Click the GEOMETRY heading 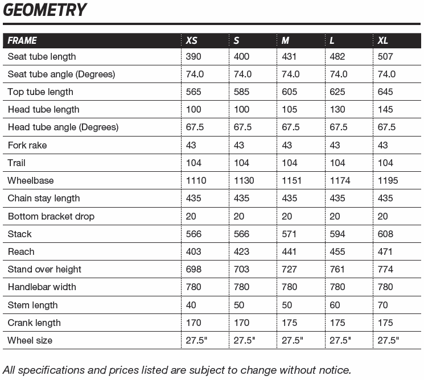pyautogui.click(x=45, y=10)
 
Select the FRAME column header pyautogui.click(x=22, y=40)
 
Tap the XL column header pyautogui.click(x=383, y=40)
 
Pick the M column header pyautogui.click(x=286, y=40)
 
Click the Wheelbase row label pyautogui.click(x=31, y=180)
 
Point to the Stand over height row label pyautogui.click(x=44, y=269)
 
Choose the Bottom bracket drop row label pyautogui.click(x=51, y=216)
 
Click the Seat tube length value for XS pyautogui.click(x=194, y=56)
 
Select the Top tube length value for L pyautogui.click(x=337, y=92)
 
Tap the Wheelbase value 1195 pyautogui.click(x=388, y=180)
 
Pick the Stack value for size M pyautogui.click(x=290, y=234)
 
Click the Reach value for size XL pyautogui.click(x=385, y=251)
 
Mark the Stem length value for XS pyautogui.click(x=191, y=305)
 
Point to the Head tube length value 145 pyautogui.click(x=385, y=109)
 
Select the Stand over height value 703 pyautogui.click(x=241, y=269)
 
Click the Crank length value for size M pyautogui.click(x=290, y=323)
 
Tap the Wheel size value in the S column pyautogui.click(x=244, y=340)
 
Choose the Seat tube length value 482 pyautogui.click(x=337, y=56)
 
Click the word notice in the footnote pyautogui.click(x=334, y=370)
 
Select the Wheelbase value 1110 pyautogui.click(x=196, y=180)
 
